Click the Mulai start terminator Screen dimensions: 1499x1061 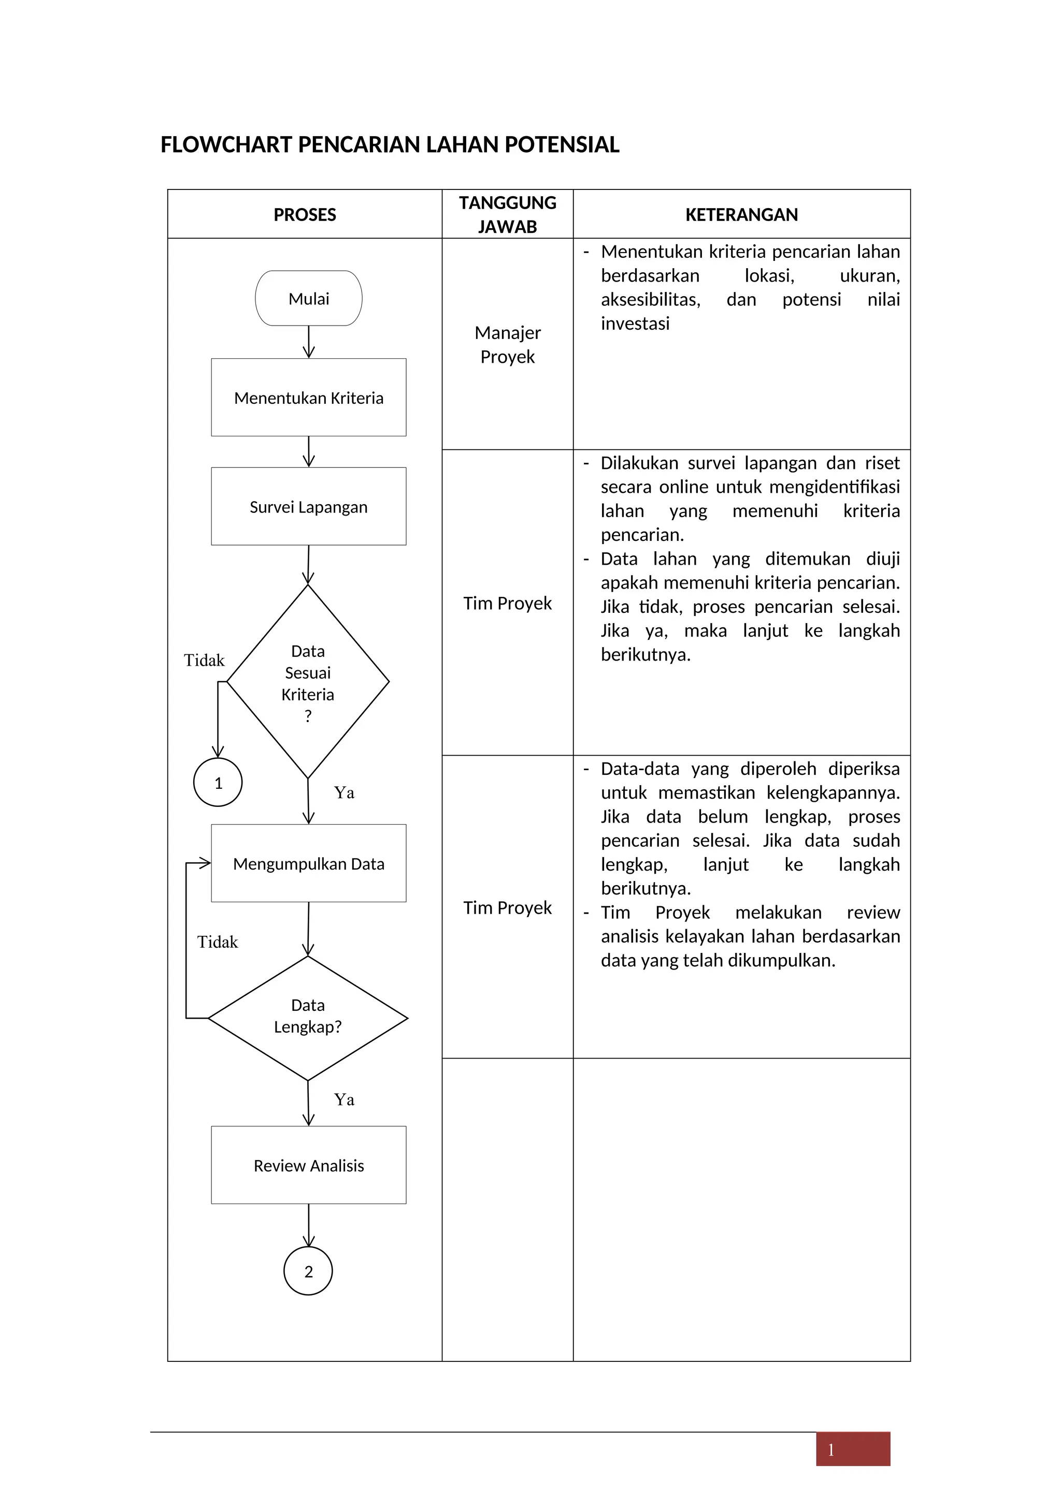point(308,298)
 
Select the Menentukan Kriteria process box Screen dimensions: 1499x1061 point(308,398)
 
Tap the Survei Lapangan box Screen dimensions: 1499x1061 point(308,507)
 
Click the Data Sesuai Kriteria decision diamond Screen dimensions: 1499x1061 point(308,682)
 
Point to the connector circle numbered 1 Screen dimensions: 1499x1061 point(218,782)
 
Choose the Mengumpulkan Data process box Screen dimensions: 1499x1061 point(308,864)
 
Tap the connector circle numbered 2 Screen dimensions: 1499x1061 point(308,1271)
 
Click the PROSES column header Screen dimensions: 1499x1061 point(305,215)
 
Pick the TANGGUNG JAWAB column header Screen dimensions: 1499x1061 point(508,215)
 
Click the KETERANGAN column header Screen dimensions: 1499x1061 point(741,215)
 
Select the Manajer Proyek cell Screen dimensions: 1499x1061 point(508,344)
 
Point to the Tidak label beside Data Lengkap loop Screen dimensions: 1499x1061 point(218,942)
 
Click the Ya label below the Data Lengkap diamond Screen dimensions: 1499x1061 point(345,1099)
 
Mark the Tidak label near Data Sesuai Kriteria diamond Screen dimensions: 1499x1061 point(204,660)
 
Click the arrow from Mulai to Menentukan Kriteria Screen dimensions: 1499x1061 point(309,342)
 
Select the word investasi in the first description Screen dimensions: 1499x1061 point(635,324)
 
